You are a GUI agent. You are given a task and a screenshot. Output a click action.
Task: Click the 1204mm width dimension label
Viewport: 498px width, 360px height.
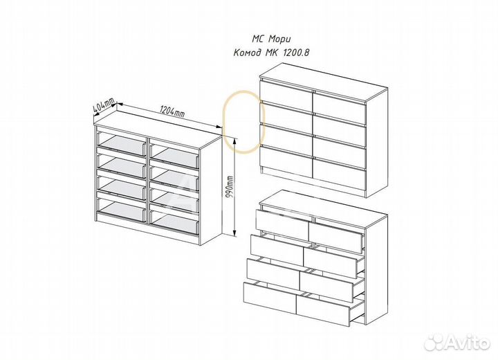[172, 111]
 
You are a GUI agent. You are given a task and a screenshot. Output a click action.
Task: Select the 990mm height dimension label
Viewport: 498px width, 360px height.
[230, 187]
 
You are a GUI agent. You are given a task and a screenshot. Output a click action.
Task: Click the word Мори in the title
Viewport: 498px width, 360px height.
[279, 39]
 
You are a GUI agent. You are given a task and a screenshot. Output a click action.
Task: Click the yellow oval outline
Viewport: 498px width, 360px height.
[225, 121]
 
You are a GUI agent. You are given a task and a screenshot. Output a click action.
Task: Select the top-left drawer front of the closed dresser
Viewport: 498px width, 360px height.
[286, 92]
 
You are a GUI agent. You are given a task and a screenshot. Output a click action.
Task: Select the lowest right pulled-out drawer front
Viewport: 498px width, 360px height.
[323, 309]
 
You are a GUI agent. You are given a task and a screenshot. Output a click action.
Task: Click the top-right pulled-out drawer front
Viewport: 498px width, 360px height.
[335, 237]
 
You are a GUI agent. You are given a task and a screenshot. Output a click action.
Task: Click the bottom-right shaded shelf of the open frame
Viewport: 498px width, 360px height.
[174, 224]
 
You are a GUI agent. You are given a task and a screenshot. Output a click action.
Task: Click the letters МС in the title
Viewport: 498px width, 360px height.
[258, 39]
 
